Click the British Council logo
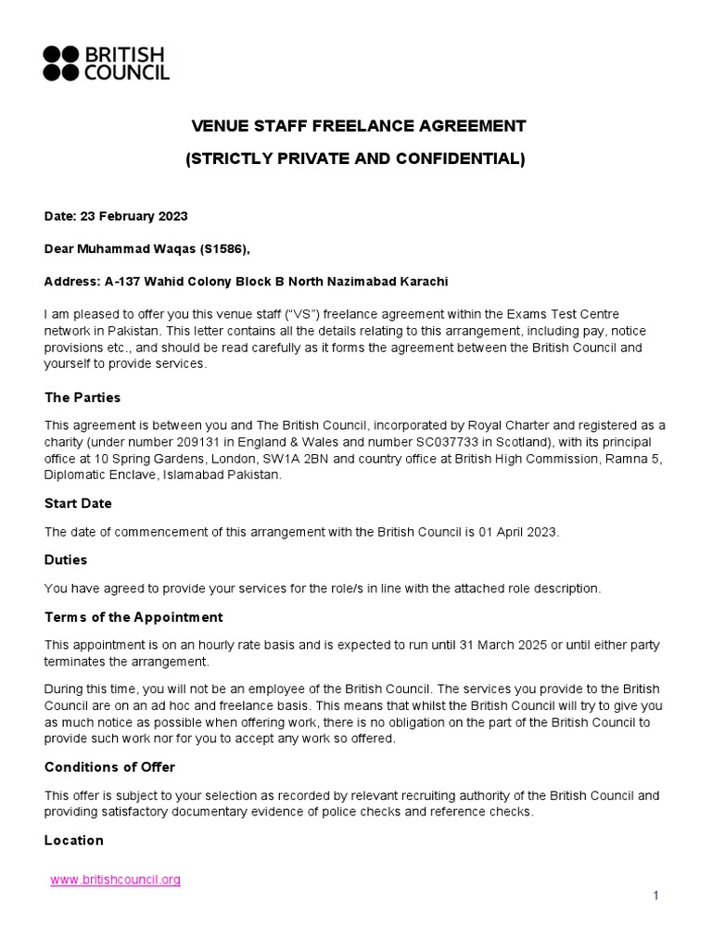[x=106, y=62]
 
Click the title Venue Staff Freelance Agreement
[x=358, y=126]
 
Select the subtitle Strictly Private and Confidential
[x=355, y=159]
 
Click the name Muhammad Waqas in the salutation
[x=128, y=248]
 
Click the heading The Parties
[x=83, y=398]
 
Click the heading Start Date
[x=78, y=503]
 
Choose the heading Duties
[x=66, y=560]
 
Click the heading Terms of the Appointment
[x=133, y=617]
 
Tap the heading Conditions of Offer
[x=109, y=767]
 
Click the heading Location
[x=74, y=840]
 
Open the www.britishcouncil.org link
[x=115, y=879]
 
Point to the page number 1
[x=655, y=895]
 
